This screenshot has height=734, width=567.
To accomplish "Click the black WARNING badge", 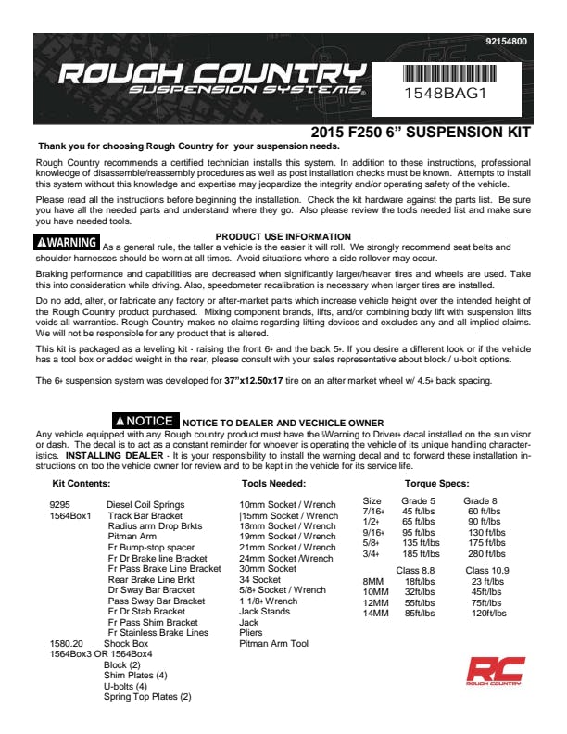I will click(x=66, y=243).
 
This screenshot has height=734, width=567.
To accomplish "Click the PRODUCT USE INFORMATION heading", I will click(x=283, y=237).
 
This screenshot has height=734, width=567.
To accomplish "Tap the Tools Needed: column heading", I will click(x=273, y=484).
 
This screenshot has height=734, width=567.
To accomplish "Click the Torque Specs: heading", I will click(x=436, y=484).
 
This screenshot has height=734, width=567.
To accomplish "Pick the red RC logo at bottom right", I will click(x=495, y=672).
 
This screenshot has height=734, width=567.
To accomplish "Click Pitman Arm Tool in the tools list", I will click(x=273, y=643).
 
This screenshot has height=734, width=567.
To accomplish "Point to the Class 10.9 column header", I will click(x=487, y=570).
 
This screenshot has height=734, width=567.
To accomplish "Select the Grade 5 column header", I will click(x=419, y=500).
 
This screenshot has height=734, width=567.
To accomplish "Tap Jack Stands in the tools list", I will click(x=264, y=612).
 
